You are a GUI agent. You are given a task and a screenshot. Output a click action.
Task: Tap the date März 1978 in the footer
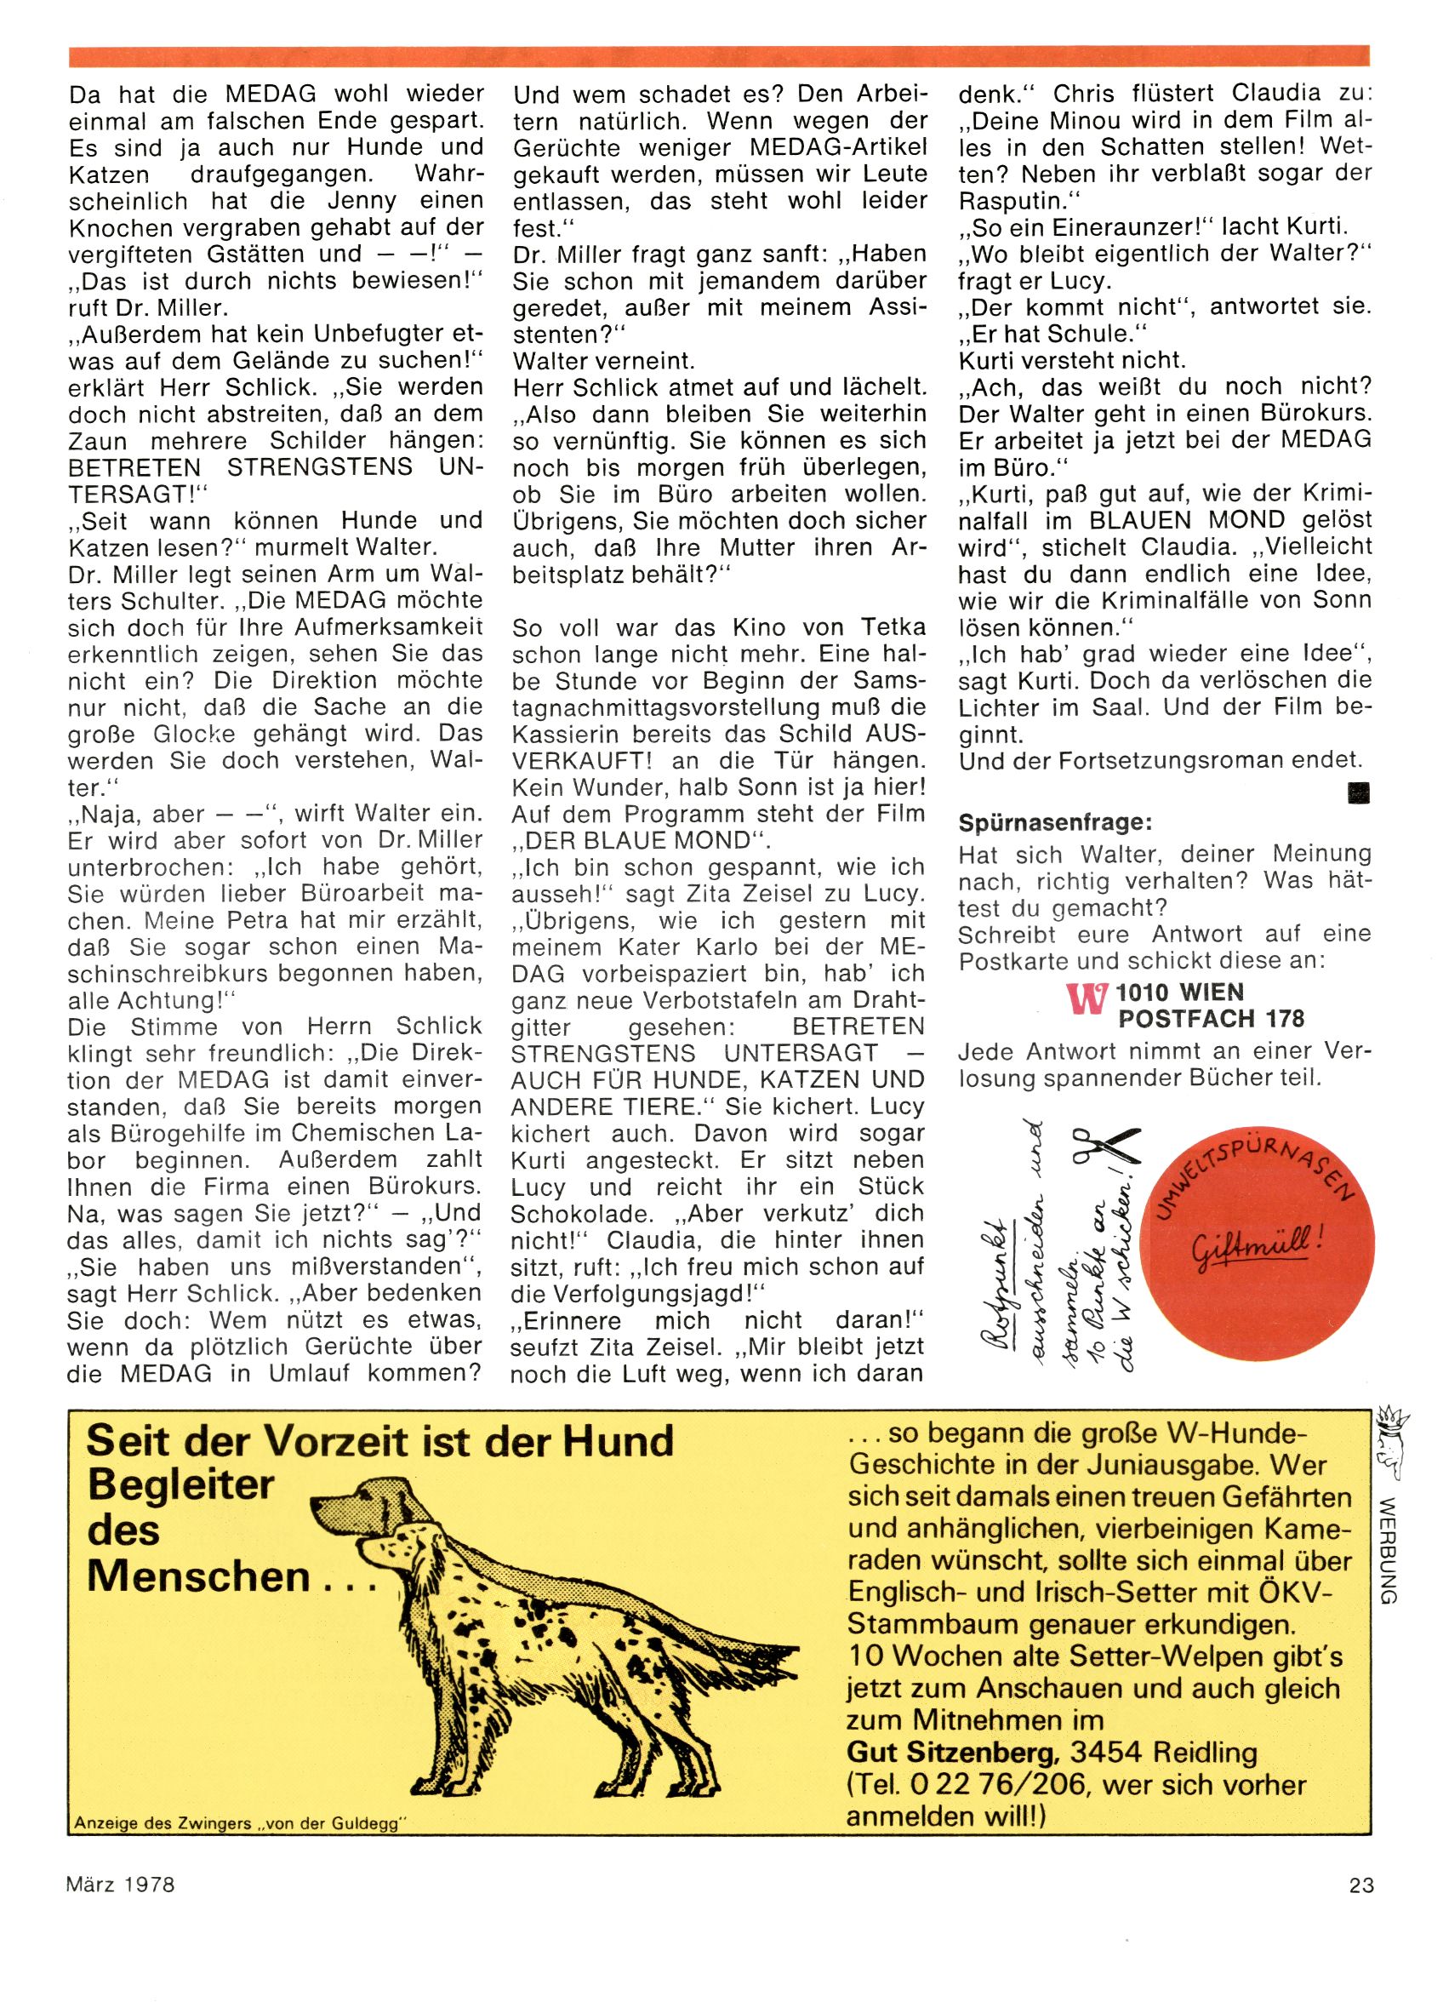coord(121,1885)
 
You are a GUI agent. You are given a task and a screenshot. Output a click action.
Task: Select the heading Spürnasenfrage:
coord(1055,824)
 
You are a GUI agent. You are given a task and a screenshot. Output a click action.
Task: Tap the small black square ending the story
coord(1359,794)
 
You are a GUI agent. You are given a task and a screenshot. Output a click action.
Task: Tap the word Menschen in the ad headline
coord(200,1576)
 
